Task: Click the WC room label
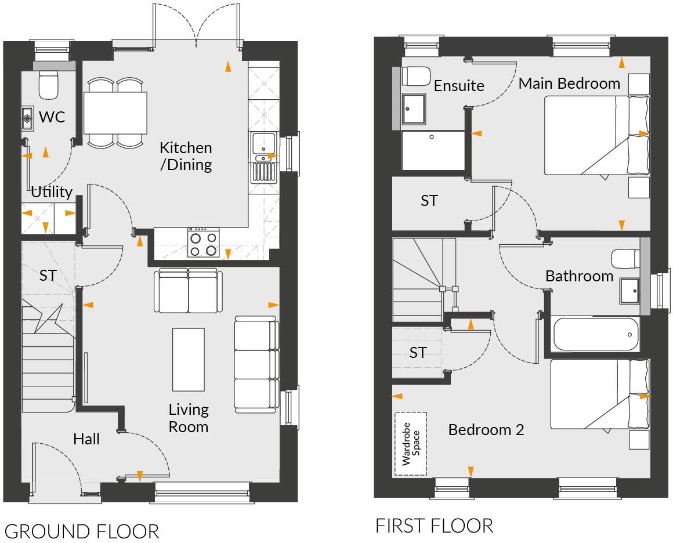[x=52, y=117]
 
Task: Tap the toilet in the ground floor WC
[x=48, y=85]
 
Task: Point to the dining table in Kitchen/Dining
[x=115, y=113]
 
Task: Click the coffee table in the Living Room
[x=189, y=359]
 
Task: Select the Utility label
[x=52, y=192]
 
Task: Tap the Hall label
[x=86, y=439]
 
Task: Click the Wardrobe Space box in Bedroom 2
[x=410, y=444]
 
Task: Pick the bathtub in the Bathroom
[x=595, y=334]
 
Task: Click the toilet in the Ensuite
[x=415, y=76]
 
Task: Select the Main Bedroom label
[x=569, y=84]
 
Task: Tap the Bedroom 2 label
[x=486, y=430]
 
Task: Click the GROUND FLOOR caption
[x=82, y=531]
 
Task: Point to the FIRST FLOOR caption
[x=434, y=526]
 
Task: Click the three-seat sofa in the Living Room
[x=256, y=364]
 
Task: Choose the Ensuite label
[x=459, y=86]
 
